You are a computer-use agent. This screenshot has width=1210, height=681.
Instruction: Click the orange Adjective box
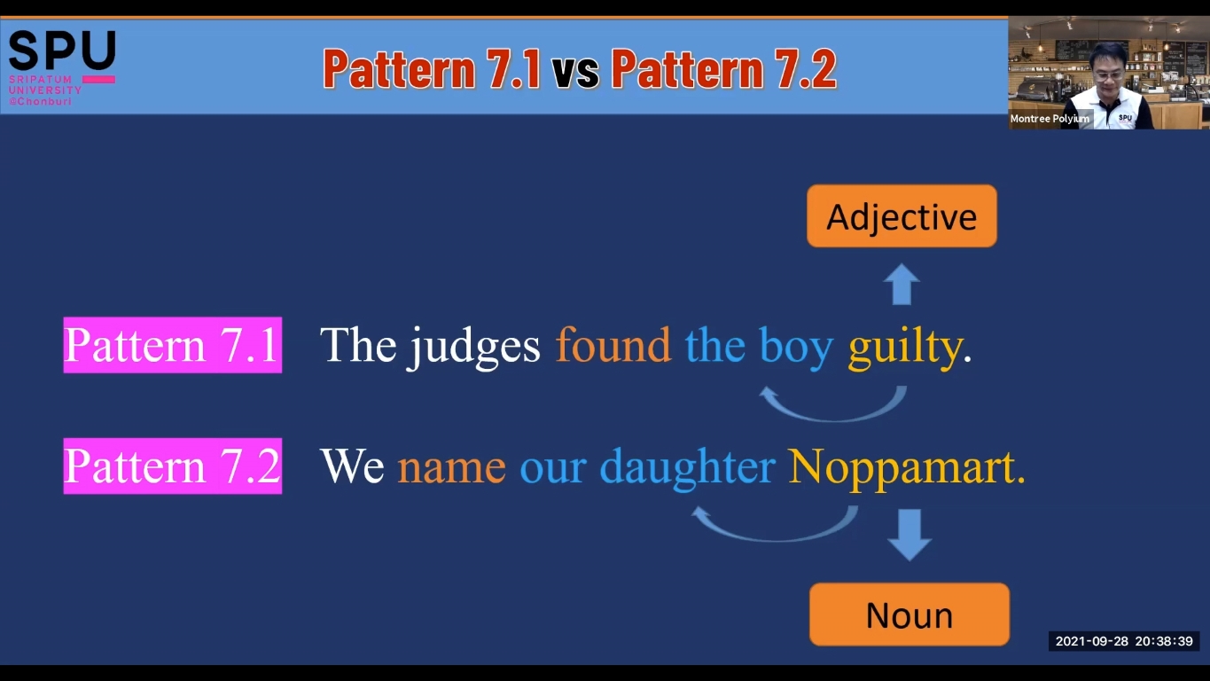pyautogui.click(x=902, y=216)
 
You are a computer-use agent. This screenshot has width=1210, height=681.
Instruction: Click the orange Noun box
pyautogui.click(x=909, y=614)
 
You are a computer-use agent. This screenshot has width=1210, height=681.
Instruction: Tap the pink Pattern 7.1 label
pyautogui.click(x=172, y=345)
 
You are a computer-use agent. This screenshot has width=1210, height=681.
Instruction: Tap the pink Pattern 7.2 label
pyautogui.click(x=172, y=466)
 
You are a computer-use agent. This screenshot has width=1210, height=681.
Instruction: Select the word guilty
pyautogui.click(x=905, y=347)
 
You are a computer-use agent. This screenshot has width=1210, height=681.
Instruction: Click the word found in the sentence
pyautogui.click(x=613, y=344)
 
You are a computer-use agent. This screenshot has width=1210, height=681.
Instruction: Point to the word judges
pyautogui.click(x=475, y=347)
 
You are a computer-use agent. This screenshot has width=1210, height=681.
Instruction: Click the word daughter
pyautogui.click(x=688, y=467)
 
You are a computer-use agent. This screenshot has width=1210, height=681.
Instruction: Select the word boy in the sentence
pyautogui.click(x=796, y=347)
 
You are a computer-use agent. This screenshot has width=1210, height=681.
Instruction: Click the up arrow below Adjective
pyautogui.click(x=902, y=284)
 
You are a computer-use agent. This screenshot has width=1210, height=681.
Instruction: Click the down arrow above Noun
pyautogui.click(x=909, y=535)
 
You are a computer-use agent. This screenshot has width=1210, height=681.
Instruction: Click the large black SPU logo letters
pyautogui.click(x=62, y=51)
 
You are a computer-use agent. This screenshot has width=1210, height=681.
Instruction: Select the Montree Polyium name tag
pyautogui.click(x=1050, y=118)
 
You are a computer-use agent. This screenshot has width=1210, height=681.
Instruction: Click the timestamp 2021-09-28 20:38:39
pyautogui.click(x=1124, y=641)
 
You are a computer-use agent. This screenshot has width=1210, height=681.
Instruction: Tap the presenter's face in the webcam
pyautogui.click(x=1107, y=70)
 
